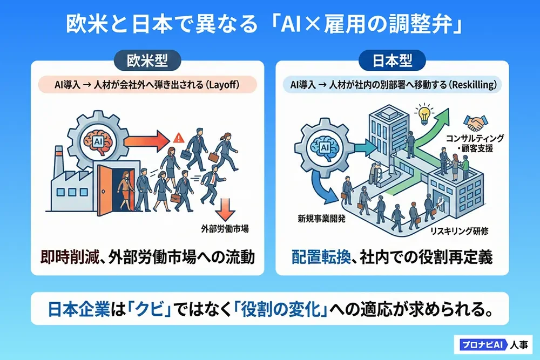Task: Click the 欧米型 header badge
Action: click(147, 61)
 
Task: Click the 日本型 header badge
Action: click(392, 61)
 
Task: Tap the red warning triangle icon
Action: click(178, 138)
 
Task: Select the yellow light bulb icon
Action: click(424, 114)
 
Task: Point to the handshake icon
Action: click(476, 123)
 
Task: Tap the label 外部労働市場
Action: click(225, 228)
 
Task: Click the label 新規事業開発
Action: click(322, 219)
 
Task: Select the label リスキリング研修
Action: click(460, 231)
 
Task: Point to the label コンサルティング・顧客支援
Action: click(475, 143)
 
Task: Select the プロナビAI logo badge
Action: click(483, 344)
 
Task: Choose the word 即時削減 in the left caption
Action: click(69, 257)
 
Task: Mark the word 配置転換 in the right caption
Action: click(321, 257)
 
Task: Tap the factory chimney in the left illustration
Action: click(59, 162)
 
